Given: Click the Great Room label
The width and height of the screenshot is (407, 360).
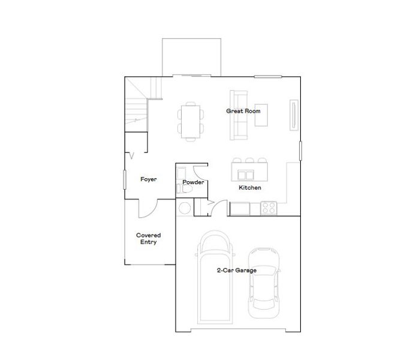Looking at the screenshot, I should (x=243, y=111).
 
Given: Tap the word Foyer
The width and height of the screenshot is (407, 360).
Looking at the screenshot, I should (x=149, y=179).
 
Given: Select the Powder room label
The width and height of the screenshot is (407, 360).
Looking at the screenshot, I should (x=194, y=182).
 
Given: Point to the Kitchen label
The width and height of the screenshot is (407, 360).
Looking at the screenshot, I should (x=250, y=188).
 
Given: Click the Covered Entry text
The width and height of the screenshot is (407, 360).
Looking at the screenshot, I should (x=149, y=239).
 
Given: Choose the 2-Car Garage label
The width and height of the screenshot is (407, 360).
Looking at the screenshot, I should (x=237, y=271).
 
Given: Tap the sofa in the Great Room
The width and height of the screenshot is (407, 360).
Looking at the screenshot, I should (x=238, y=115).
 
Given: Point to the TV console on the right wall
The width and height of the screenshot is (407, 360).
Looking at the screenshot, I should (x=293, y=115).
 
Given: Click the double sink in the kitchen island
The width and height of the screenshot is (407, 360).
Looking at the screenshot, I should (x=245, y=175).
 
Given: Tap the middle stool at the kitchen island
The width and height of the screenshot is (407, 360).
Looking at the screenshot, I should (x=249, y=161).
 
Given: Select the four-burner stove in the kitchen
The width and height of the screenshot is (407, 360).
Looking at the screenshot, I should (x=268, y=209).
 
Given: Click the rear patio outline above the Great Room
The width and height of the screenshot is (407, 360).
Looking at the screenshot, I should (x=192, y=58).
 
